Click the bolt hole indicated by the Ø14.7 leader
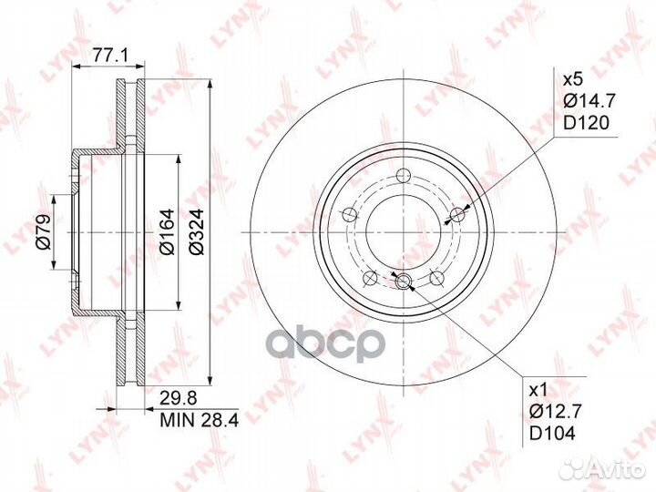[458, 214]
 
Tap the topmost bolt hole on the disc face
[405, 176]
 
